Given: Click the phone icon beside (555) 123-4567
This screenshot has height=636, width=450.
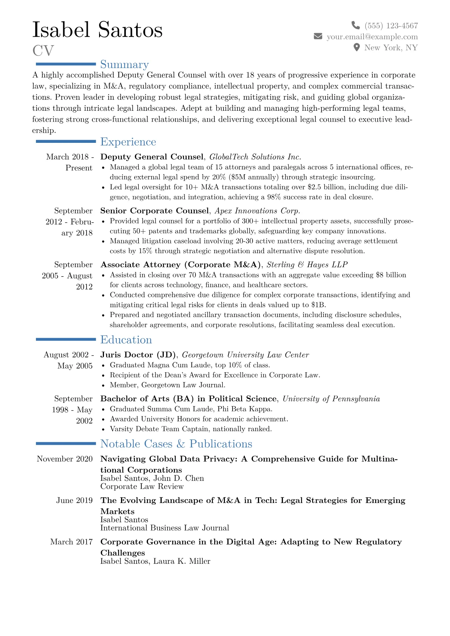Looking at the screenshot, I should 355,25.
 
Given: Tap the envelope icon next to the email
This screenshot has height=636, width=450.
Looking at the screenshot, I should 318,36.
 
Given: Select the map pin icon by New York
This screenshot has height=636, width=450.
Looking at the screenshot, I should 356,47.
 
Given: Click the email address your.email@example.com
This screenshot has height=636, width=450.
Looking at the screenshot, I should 372,37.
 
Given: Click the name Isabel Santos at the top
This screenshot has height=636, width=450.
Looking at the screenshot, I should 98,30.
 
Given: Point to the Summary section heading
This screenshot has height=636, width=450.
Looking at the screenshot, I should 124,65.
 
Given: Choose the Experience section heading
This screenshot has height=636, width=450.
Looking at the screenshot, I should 128,142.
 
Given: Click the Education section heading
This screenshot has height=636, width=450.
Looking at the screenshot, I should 126,340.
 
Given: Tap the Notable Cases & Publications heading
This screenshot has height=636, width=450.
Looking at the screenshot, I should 176,444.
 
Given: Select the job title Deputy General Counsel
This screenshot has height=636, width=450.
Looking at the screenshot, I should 152,157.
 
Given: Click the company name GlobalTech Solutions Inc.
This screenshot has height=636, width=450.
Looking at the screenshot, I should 255,157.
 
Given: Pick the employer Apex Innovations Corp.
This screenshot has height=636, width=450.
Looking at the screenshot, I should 258,211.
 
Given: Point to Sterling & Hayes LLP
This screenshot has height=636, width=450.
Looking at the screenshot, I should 307,265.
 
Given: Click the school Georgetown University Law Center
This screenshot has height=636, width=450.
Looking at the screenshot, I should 245,355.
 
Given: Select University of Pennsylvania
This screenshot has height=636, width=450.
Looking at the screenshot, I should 331,399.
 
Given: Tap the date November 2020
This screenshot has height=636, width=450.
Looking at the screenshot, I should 65,459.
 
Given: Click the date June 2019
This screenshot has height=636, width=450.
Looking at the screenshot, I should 74,500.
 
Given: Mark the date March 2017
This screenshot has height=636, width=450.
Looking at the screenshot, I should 71,542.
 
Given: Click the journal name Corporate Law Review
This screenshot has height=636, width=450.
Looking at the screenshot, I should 142,486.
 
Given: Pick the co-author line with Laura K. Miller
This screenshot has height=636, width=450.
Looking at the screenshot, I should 155,561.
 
